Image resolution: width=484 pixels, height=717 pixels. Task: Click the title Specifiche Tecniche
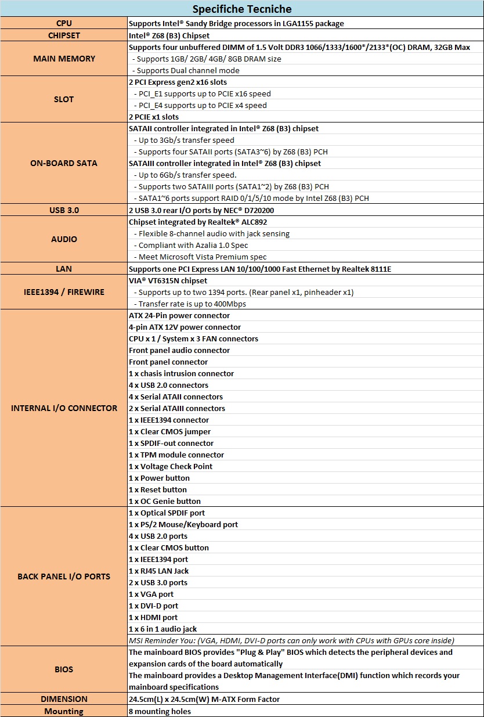[x=242, y=9]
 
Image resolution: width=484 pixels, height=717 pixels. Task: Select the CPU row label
[x=64, y=24]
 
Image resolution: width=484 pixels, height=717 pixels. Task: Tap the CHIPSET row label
[x=64, y=35]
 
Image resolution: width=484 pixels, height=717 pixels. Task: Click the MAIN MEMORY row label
[x=64, y=59]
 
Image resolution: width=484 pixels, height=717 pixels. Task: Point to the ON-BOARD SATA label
[x=64, y=163]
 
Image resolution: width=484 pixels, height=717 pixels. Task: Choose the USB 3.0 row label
[x=64, y=210]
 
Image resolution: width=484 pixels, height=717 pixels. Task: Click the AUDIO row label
[x=64, y=239]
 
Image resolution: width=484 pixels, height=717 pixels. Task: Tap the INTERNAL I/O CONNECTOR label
[x=64, y=408]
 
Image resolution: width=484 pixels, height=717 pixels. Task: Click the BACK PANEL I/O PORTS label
[x=64, y=577]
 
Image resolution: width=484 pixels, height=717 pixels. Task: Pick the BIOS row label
[x=64, y=669]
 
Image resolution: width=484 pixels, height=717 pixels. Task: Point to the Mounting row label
[x=64, y=711]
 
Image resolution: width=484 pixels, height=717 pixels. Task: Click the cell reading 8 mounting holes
[x=160, y=711]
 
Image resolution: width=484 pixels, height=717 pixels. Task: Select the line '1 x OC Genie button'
[x=165, y=501]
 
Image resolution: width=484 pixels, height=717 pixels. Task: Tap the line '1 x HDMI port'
[x=153, y=617]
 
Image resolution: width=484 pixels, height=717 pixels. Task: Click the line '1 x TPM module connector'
[x=176, y=455]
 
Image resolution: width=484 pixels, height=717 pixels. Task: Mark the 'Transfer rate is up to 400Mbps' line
[x=192, y=304]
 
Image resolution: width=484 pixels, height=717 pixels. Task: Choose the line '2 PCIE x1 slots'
[x=154, y=117]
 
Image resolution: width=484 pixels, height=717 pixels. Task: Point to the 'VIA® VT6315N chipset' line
[x=168, y=280]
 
